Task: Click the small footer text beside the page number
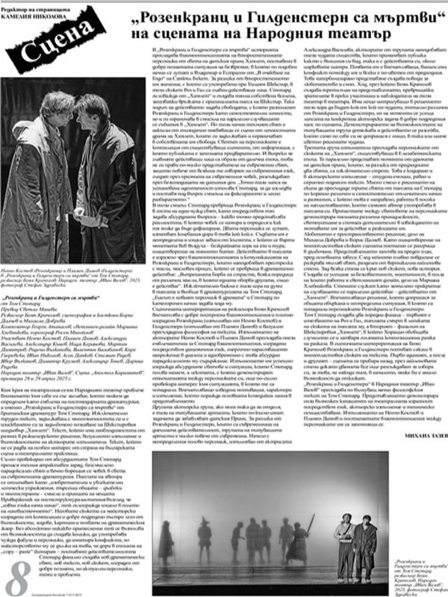[75, 590]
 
